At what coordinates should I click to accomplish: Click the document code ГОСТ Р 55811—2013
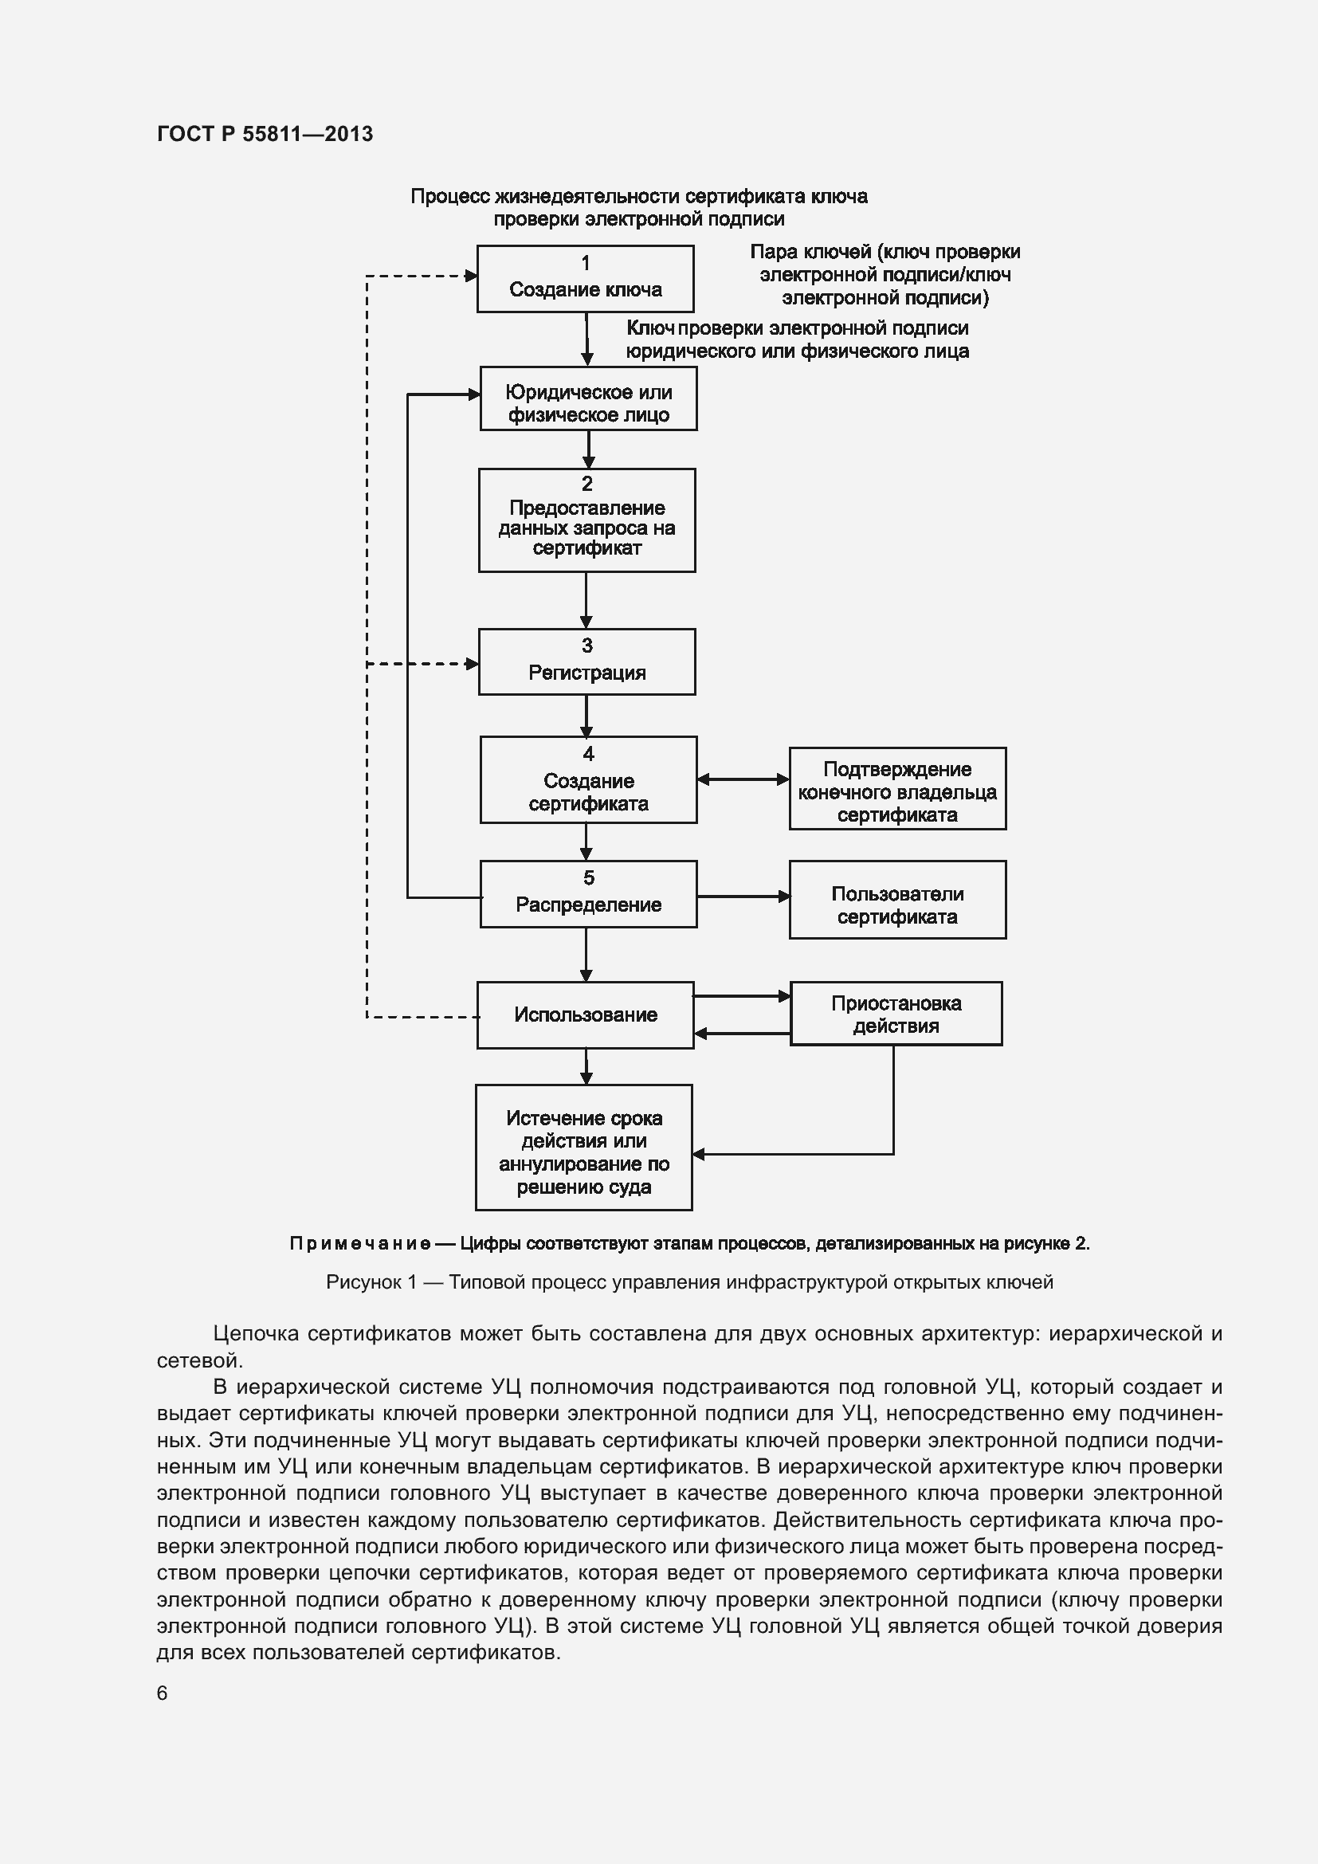point(265,134)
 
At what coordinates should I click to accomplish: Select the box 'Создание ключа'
point(584,278)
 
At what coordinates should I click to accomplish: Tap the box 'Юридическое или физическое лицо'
point(587,398)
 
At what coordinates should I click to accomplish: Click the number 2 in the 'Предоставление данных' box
point(586,484)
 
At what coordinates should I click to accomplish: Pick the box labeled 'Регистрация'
point(586,661)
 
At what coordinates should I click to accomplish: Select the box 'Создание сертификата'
point(587,779)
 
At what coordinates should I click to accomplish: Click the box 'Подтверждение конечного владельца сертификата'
point(896,788)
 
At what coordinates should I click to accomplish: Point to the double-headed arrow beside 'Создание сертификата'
point(743,779)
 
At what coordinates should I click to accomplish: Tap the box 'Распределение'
point(587,894)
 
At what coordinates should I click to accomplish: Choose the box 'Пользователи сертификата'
point(896,900)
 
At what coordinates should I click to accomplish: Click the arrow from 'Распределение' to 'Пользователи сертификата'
point(743,897)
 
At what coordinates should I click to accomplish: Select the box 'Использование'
point(584,1014)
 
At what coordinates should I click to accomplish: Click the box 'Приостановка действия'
point(895,1013)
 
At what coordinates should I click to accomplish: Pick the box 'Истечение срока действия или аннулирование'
point(583,1147)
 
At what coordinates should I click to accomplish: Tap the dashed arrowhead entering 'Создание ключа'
point(471,276)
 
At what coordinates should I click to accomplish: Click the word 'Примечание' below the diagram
point(359,1244)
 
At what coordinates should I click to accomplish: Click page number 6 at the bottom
point(163,1693)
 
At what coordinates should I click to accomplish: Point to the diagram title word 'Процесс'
point(449,197)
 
